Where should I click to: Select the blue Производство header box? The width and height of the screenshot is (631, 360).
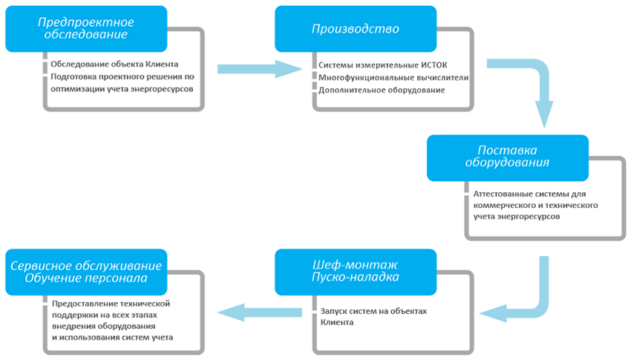[355, 30]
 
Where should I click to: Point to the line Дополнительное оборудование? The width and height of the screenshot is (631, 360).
[382, 90]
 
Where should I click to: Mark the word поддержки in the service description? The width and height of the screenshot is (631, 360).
[73, 315]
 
